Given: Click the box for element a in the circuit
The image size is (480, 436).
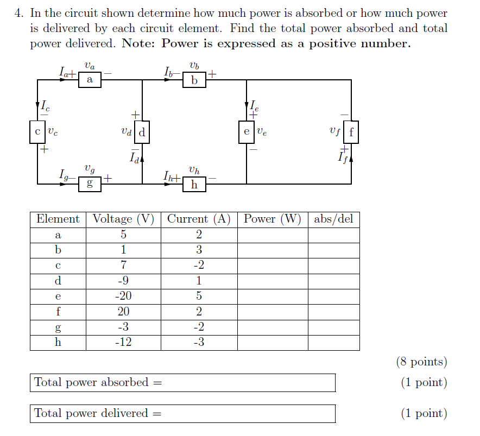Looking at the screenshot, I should [90, 80].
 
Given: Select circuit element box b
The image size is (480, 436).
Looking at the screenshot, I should [194, 80].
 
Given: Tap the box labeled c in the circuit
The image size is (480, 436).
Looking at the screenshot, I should [37, 131].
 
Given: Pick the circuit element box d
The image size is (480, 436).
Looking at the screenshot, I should [142, 131].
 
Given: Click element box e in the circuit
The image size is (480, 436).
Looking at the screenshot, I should [247, 131].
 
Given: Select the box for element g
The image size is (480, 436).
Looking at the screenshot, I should [90, 184].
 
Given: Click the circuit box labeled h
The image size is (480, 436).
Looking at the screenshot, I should [194, 185].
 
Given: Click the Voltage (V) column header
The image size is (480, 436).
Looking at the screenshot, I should [123, 219].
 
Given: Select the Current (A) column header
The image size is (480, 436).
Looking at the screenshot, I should [199, 219].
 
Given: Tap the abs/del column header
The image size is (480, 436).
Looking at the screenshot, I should [333, 219].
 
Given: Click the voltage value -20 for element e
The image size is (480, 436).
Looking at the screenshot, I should [123, 296].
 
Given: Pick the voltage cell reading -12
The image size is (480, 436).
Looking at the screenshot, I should [123, 342].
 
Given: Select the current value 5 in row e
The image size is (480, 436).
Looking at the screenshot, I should [199, 296].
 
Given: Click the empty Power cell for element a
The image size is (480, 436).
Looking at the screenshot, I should [273, 235].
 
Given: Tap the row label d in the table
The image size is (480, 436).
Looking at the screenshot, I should [58, 281].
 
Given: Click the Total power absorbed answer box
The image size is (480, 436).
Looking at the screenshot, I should [182, 382].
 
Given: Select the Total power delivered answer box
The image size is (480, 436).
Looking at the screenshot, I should [182, 413].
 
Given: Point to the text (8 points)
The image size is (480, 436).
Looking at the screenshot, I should [422, 362].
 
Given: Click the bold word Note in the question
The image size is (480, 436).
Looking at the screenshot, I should [139, 44].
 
